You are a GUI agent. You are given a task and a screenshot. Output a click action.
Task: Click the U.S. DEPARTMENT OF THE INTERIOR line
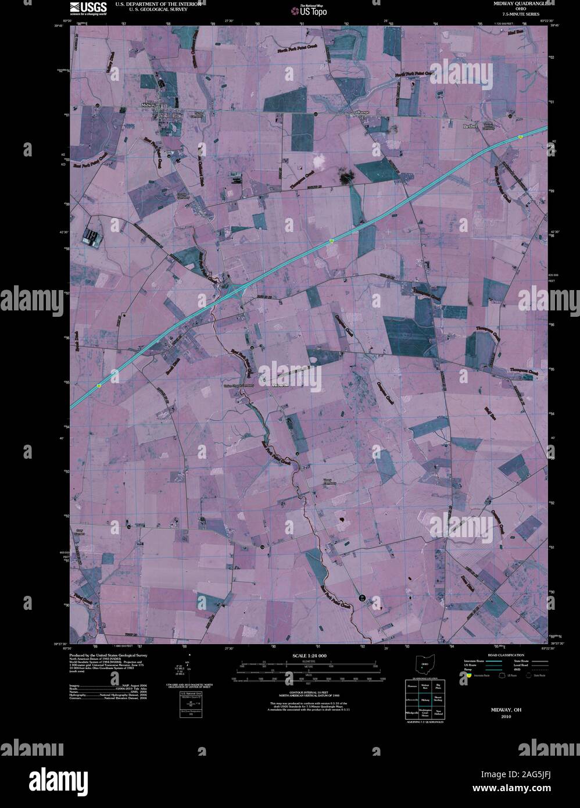coord(158,3)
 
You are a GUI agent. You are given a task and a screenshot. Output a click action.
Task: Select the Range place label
coord(363,112)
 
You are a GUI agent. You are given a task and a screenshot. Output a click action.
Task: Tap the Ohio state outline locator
coord(424,666)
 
